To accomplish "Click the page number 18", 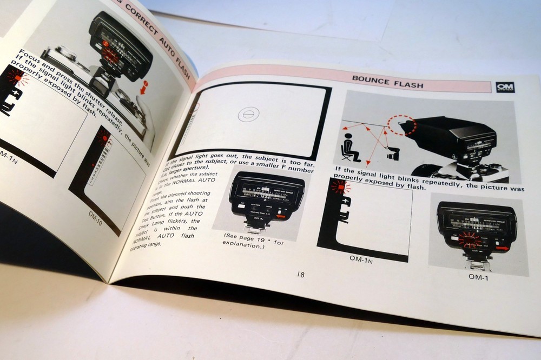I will [x=300, y=275].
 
